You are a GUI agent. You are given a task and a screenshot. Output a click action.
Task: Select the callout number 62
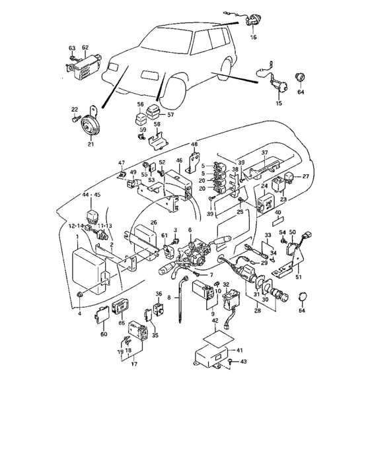[85, 48]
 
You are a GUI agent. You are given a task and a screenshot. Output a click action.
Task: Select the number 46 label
[178, 160]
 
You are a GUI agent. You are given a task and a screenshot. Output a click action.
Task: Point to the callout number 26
[153, 222]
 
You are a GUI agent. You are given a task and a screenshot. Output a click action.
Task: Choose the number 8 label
[169, 298]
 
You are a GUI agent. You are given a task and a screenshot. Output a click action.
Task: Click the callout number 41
[240, 350]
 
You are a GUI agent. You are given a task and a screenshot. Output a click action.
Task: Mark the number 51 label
[298, 278]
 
